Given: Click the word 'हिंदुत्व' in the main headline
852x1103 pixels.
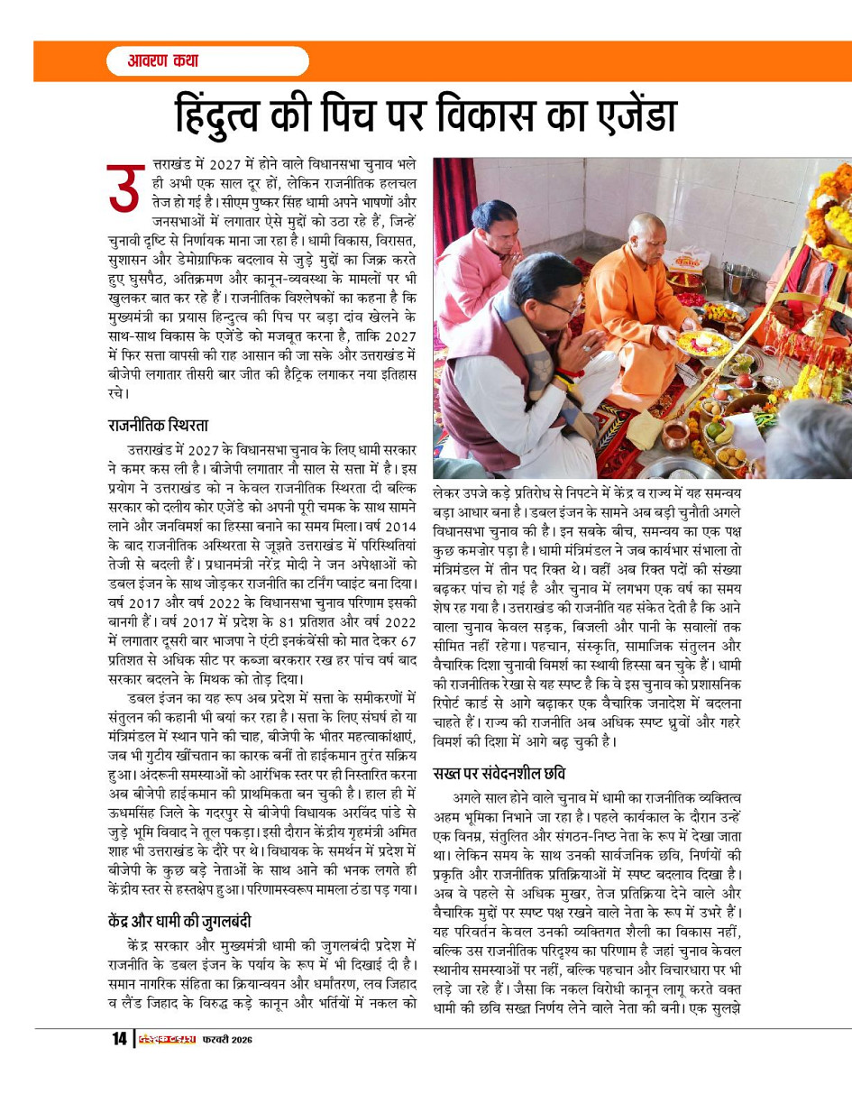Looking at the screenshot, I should (240, 115).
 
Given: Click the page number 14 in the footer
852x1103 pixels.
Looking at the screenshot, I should (119, 1039).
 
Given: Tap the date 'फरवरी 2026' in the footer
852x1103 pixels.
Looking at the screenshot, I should (226, 1040).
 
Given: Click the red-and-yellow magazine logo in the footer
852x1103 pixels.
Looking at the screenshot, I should (167, 1039).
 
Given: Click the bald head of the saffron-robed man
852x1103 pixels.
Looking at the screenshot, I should (646, 232).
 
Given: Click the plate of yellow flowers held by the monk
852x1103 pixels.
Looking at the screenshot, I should (704, 342).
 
